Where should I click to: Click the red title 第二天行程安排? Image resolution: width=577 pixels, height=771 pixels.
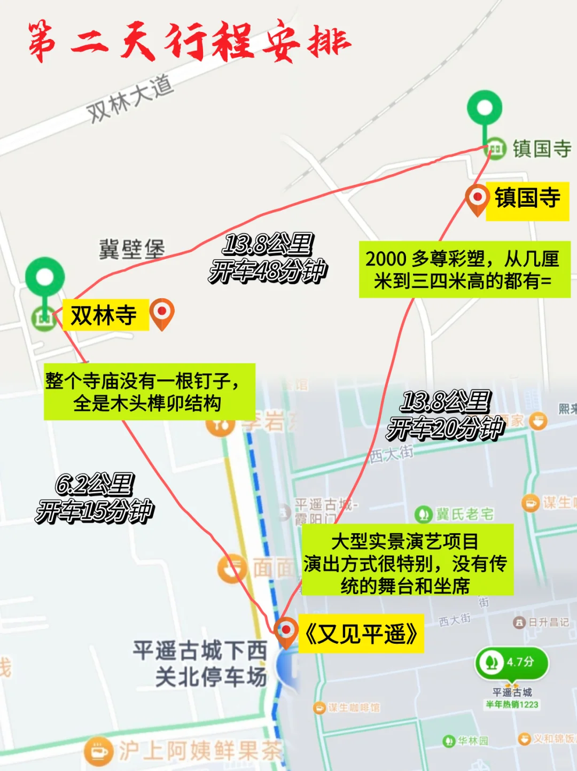(190, 41)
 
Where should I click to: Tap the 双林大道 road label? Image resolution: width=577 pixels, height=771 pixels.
(130, 98)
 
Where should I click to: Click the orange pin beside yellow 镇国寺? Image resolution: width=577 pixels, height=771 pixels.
(477, 199)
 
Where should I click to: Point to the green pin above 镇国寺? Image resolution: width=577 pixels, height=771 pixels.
(485, 110)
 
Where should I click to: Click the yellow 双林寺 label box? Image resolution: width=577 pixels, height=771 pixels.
(105, 315)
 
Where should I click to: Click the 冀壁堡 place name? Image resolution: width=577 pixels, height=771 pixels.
(132, 250)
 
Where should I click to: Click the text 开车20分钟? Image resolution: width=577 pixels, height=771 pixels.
(445, 428)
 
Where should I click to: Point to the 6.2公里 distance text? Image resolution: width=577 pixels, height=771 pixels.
(94, 485)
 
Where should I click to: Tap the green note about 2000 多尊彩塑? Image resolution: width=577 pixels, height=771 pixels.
(464, 269)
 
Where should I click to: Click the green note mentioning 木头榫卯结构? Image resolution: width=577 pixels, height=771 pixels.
(149, 392)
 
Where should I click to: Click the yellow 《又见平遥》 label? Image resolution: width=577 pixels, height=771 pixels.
(362, 634)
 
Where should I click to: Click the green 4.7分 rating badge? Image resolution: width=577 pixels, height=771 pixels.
(511, 663)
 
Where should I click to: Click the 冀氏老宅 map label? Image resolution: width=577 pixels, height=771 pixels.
(455, 514)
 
